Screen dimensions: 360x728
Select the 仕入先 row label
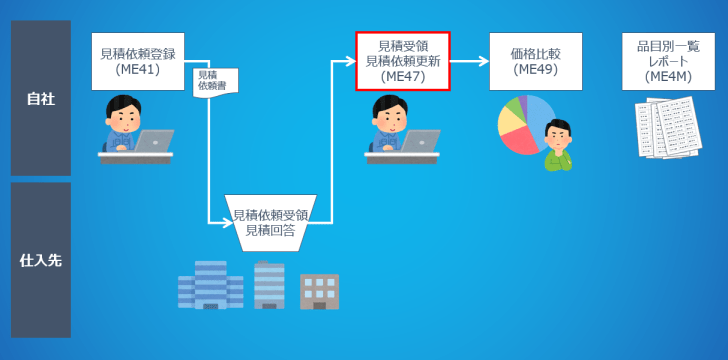(x=41, y=260)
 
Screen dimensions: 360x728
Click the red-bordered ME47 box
(x=403, y=61)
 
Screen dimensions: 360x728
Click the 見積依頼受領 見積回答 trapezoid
(x=271, y=221)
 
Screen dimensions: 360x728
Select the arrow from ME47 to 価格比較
(x=469, y=61)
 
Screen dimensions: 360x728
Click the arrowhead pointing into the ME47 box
(x=349, y=61)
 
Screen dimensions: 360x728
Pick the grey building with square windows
(x=319, y=291)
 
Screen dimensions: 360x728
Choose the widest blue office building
(x=210, y=285)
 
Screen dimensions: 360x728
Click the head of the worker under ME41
(x=124, y=111)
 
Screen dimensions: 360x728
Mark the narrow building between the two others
(x=268, y=286)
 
